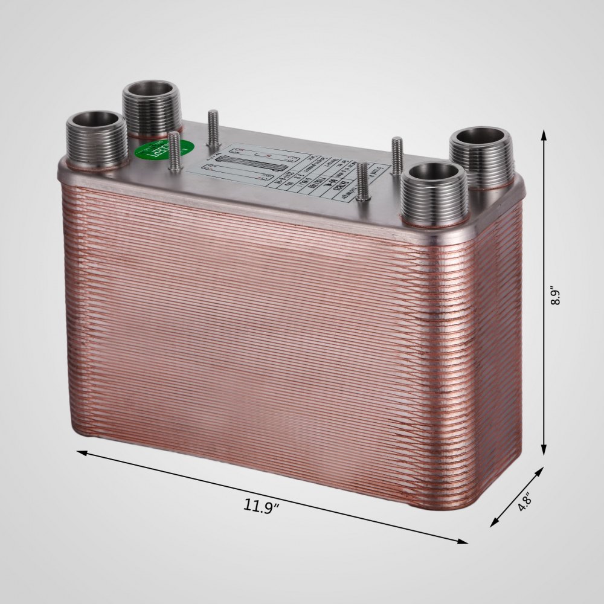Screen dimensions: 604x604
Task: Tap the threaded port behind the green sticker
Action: click(x=152, y=107)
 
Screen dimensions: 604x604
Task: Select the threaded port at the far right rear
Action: click(x=482, y=156)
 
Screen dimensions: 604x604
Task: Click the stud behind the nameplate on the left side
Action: click(x=213, y=127)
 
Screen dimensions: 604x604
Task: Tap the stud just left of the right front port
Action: click(x=363, y=182)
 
